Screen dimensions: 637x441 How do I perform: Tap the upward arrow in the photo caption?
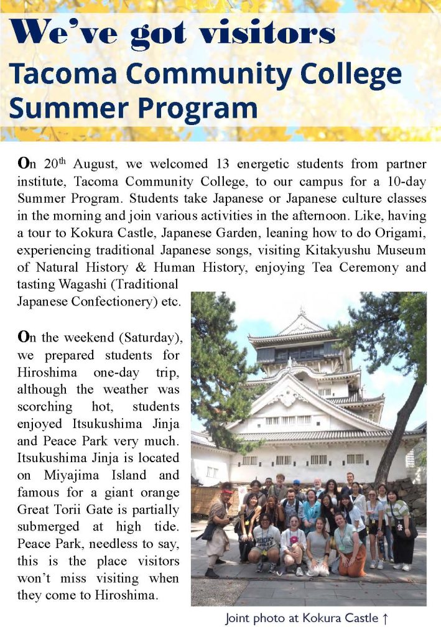point(385,618)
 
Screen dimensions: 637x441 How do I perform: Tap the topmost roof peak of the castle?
point(301,314)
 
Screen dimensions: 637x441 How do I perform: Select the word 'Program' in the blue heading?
point(197,108)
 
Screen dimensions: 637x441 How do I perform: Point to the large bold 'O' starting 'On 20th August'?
point(24,164)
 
